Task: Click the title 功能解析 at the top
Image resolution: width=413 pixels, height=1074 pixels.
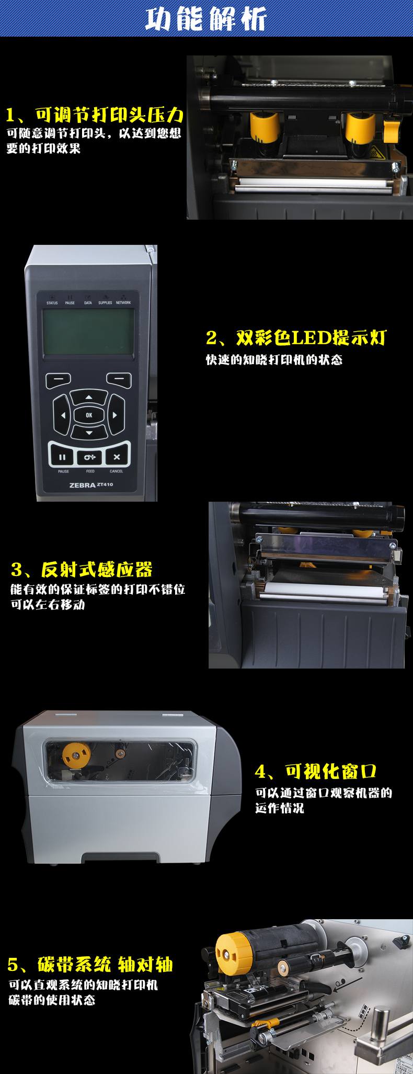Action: point(206,20)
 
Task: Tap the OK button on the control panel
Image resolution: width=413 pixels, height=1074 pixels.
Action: point(88,415)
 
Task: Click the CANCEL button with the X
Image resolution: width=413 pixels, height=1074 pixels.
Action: point(117,457)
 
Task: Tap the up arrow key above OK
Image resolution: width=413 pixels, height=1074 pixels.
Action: point(88,397)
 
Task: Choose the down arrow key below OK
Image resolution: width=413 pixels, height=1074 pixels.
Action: point(88,433)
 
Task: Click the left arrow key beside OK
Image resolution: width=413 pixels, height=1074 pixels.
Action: point(63,415)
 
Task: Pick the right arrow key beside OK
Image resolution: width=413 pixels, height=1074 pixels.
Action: point(114,415)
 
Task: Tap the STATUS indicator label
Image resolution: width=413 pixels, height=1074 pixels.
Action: point(52,303)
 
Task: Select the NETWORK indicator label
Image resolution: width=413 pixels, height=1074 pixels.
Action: point(123,303)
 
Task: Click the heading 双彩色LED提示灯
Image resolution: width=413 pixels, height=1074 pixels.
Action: point(295,338)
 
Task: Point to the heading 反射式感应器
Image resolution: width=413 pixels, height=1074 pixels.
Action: point(82,570)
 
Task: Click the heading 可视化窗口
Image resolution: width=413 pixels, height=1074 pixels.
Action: point(316,771)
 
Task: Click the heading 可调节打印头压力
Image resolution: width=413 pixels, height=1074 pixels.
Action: point(94,115)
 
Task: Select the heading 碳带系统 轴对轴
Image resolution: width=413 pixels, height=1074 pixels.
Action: point(90,964)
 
